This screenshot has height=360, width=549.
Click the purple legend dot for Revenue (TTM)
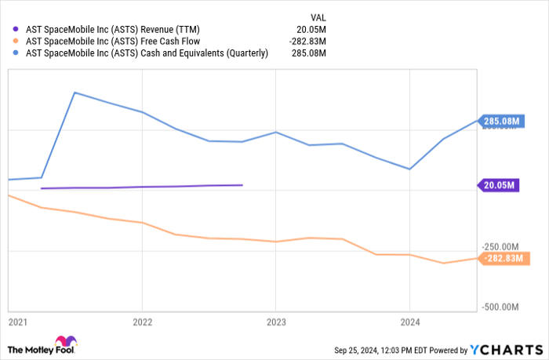(16, 29)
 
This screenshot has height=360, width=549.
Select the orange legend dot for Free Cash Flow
(16, 41)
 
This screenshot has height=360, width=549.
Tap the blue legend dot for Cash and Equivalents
(16, 53)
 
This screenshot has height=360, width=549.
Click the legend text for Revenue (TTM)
(117, 29)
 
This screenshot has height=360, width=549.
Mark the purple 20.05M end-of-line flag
(498, 186)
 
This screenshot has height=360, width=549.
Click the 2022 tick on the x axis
(142, 322)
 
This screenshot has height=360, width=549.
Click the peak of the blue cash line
(74, 93)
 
